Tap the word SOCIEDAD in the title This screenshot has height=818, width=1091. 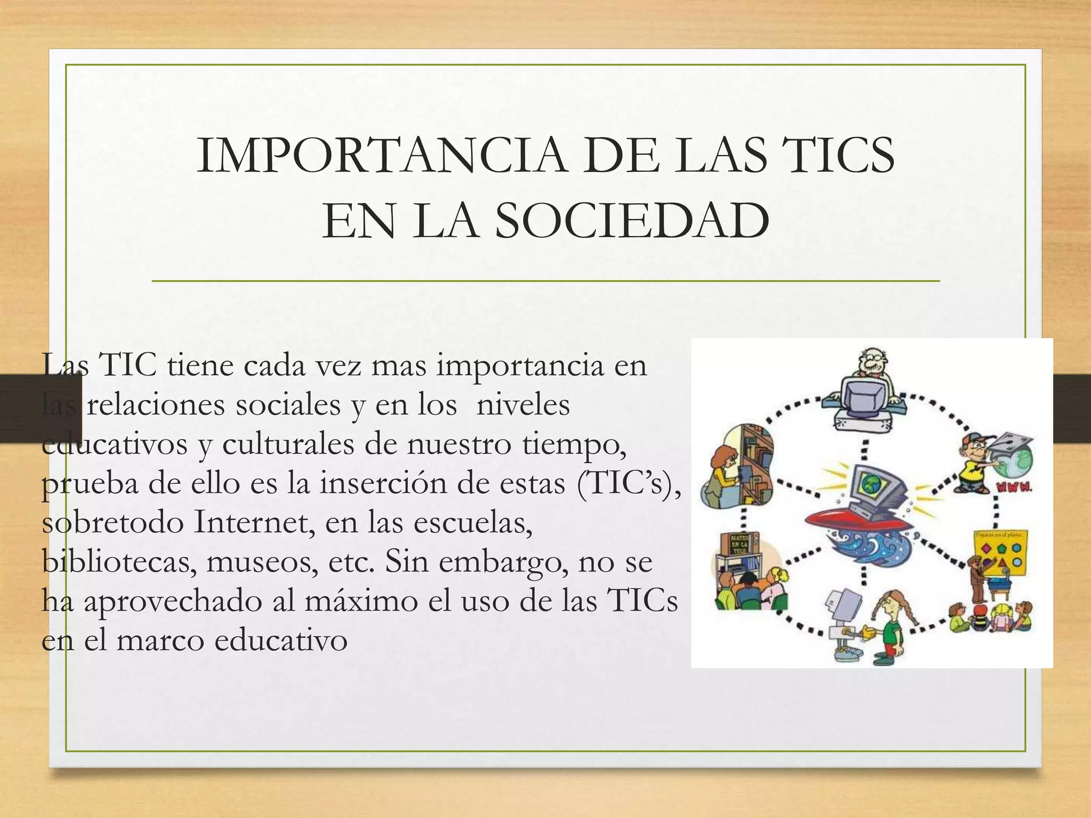click(x=632, y=220)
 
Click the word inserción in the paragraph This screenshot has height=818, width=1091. click(x=420, y=484)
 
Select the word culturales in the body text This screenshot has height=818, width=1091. click(x=288, y=445)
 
